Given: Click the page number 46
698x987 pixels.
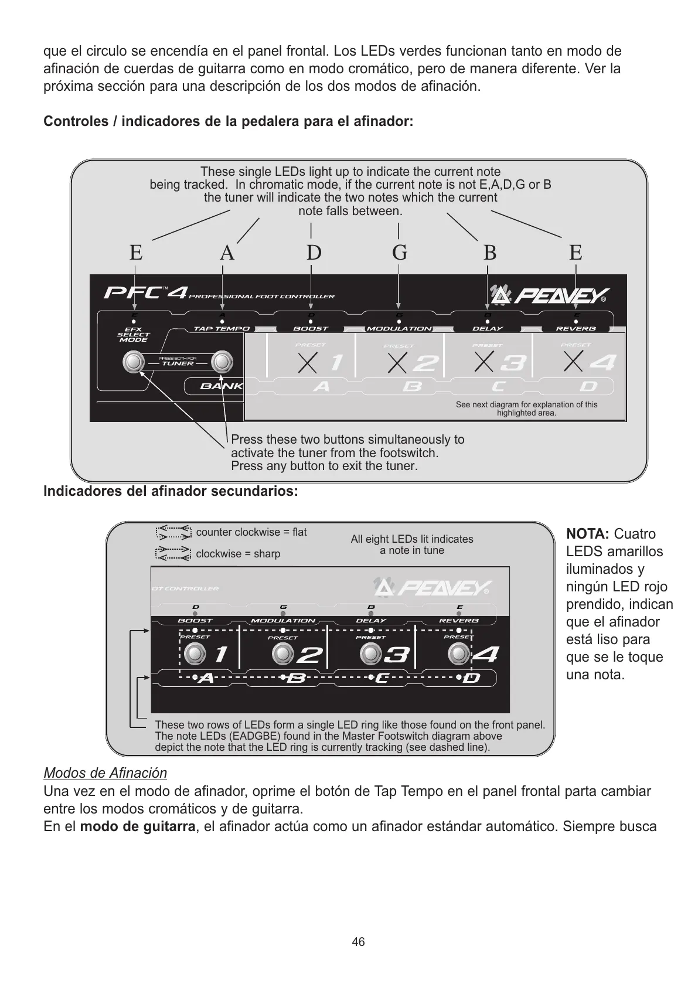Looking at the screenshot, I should pos(357,941).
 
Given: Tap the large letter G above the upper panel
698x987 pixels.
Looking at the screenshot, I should pos(399,253).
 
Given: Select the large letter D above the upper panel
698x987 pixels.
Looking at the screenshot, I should pos(314,253).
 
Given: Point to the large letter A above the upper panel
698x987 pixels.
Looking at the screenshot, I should pos(227,253).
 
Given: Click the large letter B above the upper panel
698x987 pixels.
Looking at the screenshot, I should pos(489,253).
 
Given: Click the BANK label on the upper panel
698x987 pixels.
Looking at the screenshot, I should pos(221,386).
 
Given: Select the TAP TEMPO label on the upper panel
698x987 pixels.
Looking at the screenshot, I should pos(222,329).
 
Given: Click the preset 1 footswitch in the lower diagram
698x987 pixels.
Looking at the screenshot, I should pos(195,654).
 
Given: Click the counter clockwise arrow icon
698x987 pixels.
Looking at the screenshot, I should pos(173,532).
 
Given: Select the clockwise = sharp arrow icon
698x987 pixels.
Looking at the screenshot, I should pos(173,553).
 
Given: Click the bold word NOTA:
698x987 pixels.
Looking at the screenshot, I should pos(588,534).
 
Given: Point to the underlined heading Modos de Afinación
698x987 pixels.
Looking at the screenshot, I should pos(105,773).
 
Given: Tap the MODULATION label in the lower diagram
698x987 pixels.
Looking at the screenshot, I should pos(283,621).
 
